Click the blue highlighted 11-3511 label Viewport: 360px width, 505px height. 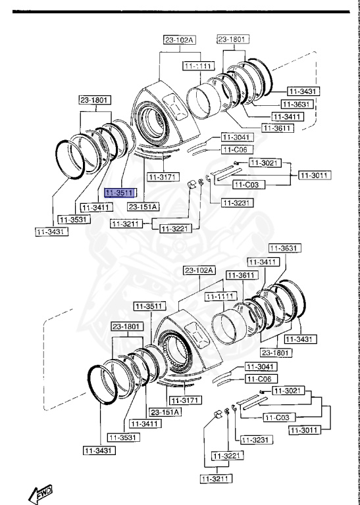pyautogui.click(x=120, y=193)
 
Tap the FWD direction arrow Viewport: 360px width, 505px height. pyautogui.click(x=40, y=491)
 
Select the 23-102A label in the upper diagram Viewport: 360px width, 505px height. pyautogui.click(x=180, y=40)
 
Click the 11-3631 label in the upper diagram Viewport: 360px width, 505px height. pyautogui.click(x=296, y=104)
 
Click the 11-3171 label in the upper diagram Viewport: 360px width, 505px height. pyautogui.click(x=161, y=177)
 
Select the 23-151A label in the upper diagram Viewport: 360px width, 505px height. pyautogui.click(x=143, y=206)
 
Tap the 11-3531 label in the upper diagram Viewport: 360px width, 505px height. pyautogui.click(x=73, y=219)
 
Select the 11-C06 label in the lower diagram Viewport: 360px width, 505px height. pyautogui.click(x=259, y=379)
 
